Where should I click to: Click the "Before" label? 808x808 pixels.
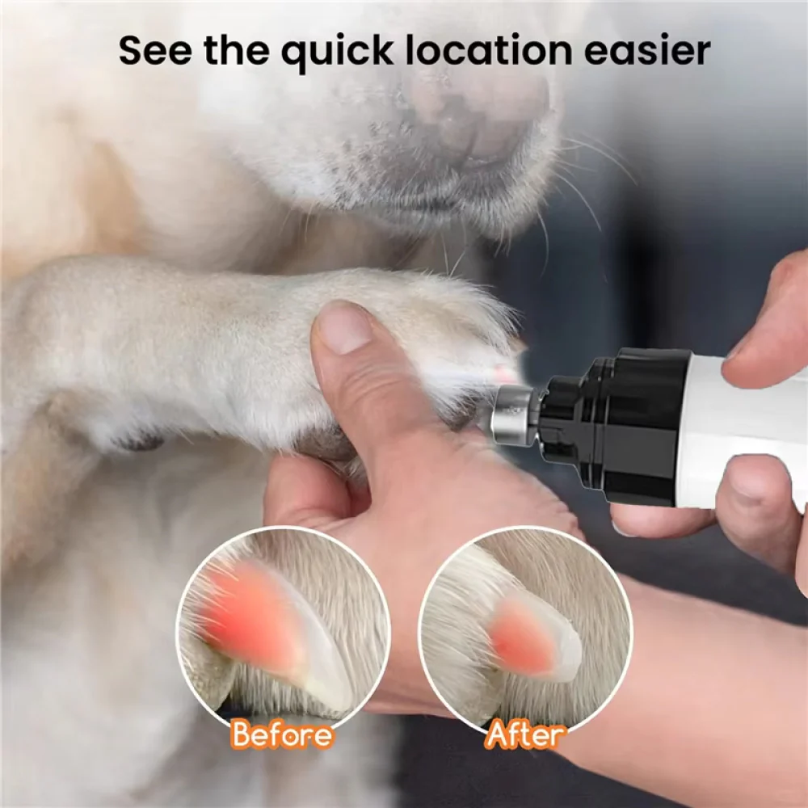tap(281, 735)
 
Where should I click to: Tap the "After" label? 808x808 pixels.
tap(525, 735)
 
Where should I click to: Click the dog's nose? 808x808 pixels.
tap(477, 113)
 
